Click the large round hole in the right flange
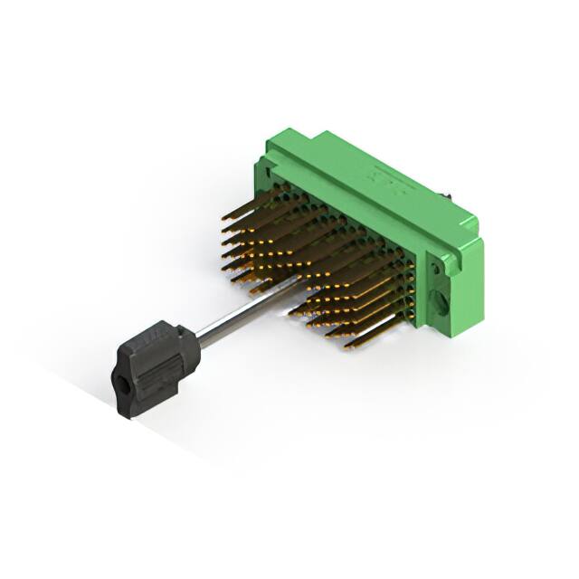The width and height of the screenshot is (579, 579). (441, 299)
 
